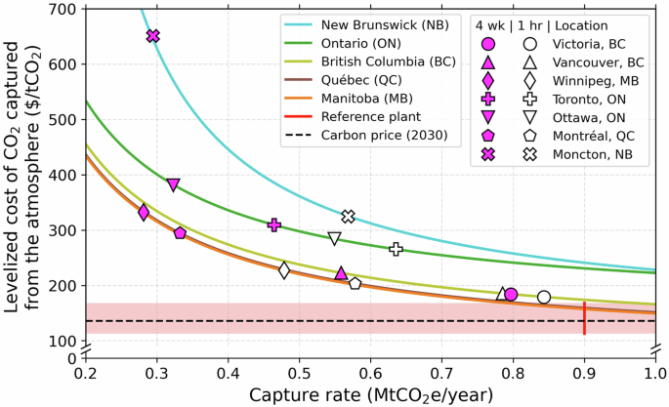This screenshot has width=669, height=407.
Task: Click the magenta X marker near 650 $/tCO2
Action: pyautogui.click(x=152, y=36)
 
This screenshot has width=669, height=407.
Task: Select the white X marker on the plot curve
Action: pyautogui.click(x=348, y=216)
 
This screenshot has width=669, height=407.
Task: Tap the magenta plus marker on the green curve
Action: pyautogui.click(x=274, y=225)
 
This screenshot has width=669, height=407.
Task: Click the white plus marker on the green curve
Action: pyautogui.click(x=396, y=249)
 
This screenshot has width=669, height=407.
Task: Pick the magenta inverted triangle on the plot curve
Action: pyautogui.click(x=173, y=184)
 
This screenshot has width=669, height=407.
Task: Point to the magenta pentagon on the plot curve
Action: pyautogui.click(x=180, y=233)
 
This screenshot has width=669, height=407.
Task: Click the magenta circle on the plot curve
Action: pyautogui.click(x=510, y=295)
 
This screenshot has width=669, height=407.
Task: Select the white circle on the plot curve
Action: pyautogui.click(x=544, y=297)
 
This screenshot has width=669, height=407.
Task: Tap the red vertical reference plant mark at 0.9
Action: pyautogui.click(x=584, y=318)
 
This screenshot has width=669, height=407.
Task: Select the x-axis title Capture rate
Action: pyautogui.click(x=369, y=394)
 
